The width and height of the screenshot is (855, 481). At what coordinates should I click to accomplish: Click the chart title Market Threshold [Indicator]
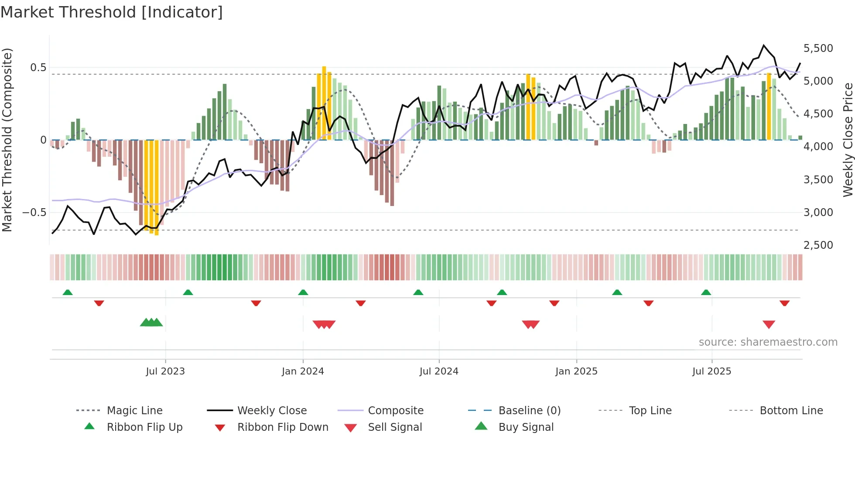[x=112, y=12]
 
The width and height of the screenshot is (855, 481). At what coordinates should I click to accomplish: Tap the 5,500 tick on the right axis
[x=818, y=48]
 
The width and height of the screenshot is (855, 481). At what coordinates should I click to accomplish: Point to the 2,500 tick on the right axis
[x=818, y=245]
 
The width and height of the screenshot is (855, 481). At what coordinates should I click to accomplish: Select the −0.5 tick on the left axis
[x=34, y=213]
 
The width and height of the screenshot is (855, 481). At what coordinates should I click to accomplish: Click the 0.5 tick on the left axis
[x=38, y=68]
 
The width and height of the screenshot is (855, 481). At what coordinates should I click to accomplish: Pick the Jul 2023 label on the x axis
[x=165, y=371]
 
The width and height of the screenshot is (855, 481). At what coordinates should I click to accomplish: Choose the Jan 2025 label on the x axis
[x=576, y=371]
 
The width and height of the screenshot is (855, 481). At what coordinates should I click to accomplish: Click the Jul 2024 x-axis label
[x=439, y=371]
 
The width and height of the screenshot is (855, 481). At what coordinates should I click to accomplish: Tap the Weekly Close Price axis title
[x=848, y=140]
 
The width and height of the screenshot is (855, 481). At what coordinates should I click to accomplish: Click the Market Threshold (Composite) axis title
[x=7, y=140]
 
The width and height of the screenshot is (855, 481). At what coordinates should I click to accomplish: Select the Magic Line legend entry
[x=134, y=411]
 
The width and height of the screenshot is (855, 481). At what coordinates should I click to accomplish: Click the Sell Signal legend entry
[x=395, y=427]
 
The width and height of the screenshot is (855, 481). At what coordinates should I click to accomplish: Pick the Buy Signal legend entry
[x=526, y=427]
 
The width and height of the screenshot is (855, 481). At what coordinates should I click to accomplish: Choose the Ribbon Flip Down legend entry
[x=283, y=427]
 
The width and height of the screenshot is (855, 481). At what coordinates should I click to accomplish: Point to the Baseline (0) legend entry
[x=529, y=411]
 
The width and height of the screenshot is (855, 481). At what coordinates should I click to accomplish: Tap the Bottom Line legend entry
[x=791, y=411]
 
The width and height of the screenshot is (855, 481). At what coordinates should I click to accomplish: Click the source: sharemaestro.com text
[x=768, y=342]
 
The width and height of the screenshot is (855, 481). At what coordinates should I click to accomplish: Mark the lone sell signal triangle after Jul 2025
[x=769, y=324]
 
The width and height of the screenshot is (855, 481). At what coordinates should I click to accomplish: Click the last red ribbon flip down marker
[x=784, y=303]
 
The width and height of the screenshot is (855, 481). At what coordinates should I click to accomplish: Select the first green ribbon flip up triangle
[x=68, y=292]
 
